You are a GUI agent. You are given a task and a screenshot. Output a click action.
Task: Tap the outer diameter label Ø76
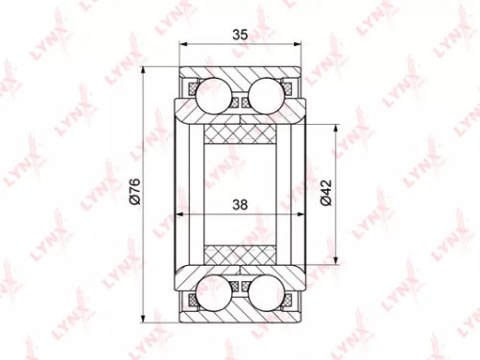click(135, 193)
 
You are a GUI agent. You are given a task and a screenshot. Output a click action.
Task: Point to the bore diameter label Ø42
click(326, 193)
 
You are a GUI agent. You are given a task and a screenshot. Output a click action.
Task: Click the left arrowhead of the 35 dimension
click(182, 46)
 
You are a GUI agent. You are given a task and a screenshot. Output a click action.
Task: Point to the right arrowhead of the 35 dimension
click(301, 46)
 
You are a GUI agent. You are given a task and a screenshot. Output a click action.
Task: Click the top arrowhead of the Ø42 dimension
click(336, 126)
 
